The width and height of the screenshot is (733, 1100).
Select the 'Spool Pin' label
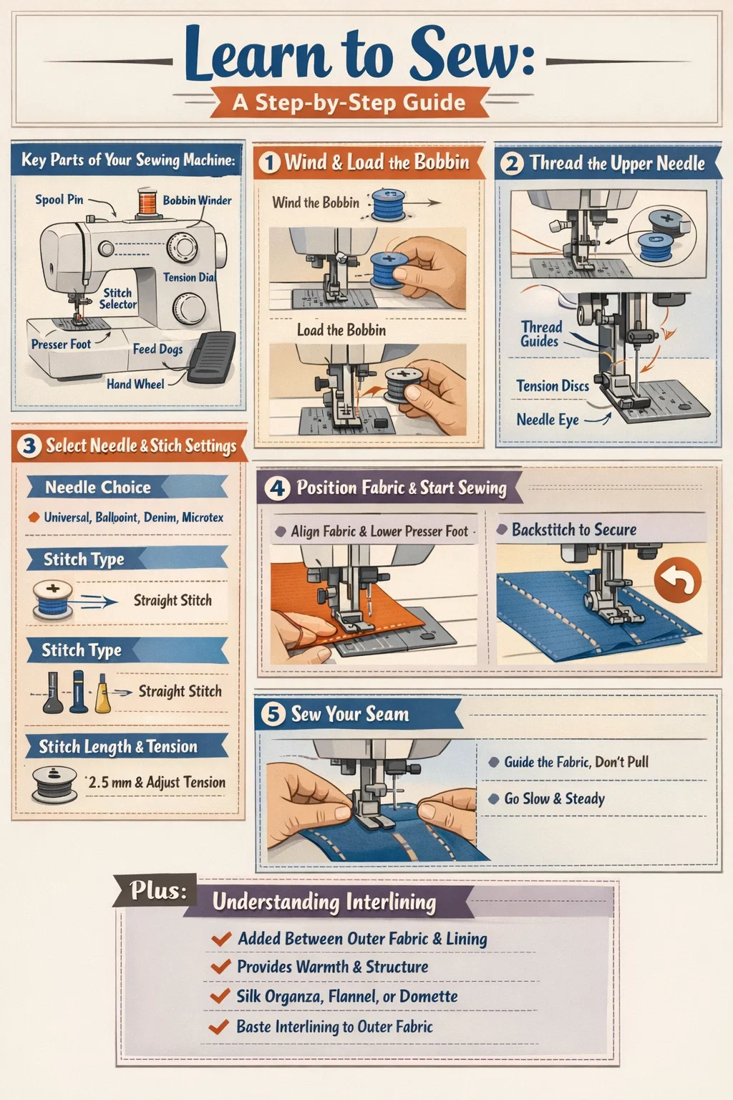(59, 199)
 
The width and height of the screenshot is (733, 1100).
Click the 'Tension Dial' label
(190, 277)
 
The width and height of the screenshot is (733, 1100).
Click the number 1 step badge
(270, 163)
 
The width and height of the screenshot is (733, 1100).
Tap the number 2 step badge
(512, 163)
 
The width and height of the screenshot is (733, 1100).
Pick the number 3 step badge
(29, 446)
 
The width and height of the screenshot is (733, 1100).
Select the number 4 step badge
(278, 488)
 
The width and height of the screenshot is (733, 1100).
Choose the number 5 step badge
(273, 715)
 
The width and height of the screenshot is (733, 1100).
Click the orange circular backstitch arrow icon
(677, 580)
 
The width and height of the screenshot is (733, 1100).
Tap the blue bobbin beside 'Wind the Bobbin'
(388, 205)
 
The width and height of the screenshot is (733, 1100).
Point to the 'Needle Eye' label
(548, 420)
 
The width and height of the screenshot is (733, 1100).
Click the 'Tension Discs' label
(553, 386)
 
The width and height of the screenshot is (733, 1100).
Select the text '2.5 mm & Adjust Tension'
(156, 782)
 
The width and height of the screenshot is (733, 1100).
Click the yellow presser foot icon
(102, 693)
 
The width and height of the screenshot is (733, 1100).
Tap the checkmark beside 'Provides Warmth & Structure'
(220, 966)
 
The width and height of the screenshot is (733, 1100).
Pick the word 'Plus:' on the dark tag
(158, 890)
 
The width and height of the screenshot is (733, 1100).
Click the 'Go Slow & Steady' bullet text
(554, 799)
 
